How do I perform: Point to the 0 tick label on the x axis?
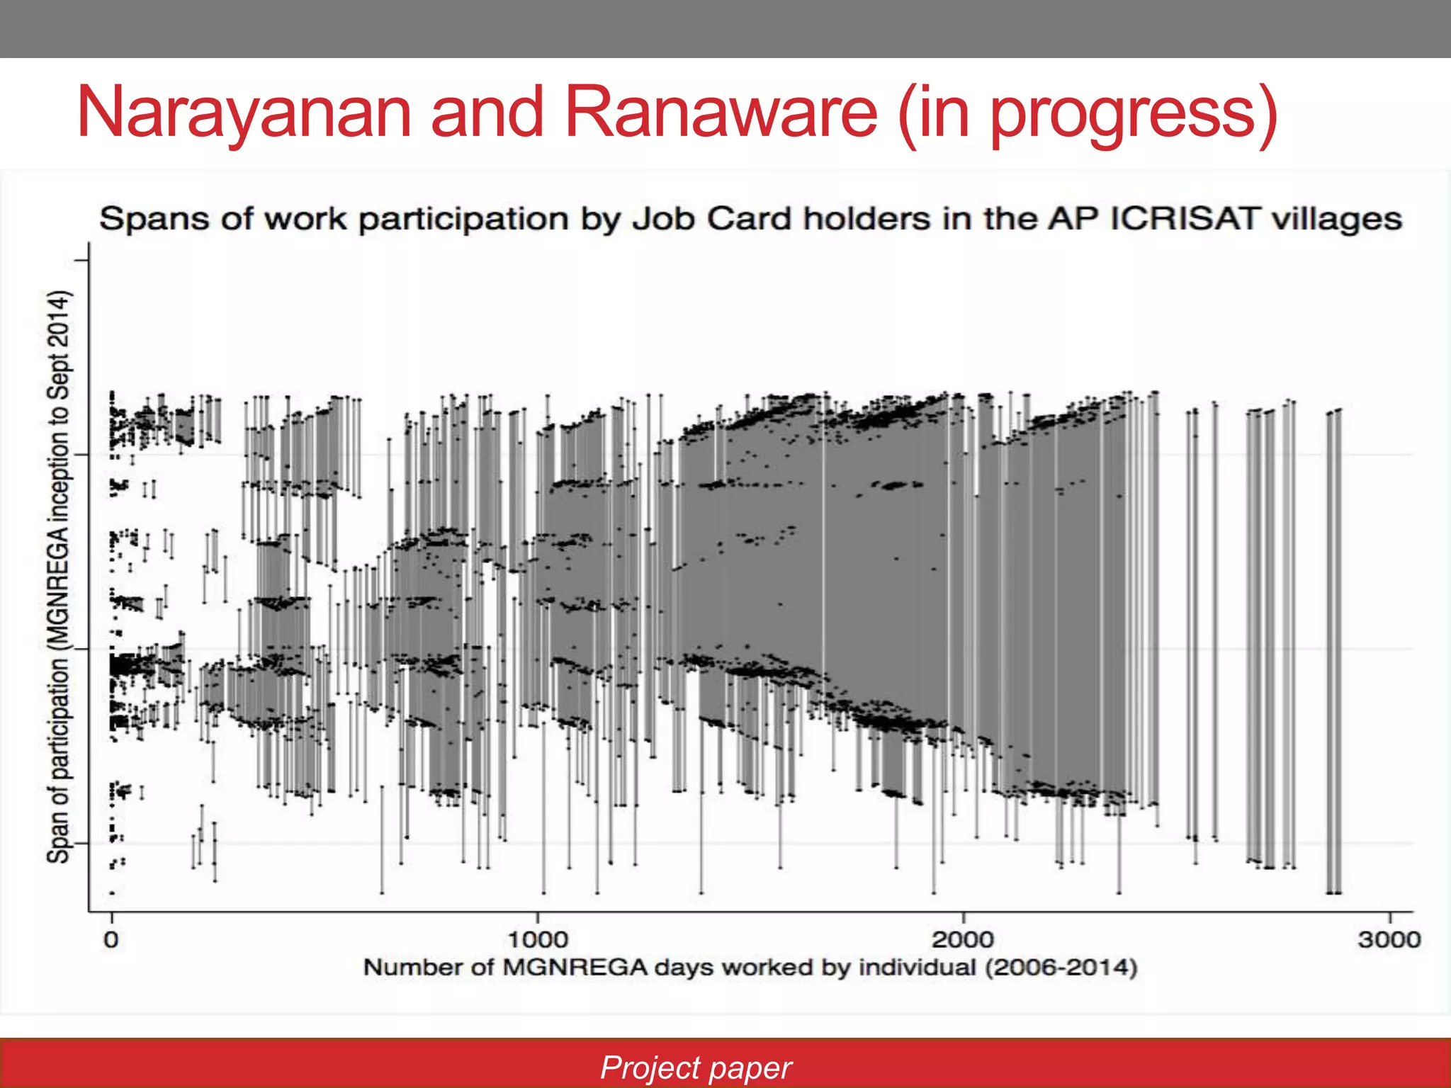(x=111, y=940)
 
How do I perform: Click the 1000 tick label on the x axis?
(x=538, y=940)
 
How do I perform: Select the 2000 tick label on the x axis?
(x=963, y=940)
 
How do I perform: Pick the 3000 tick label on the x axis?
(x=1389, y=940)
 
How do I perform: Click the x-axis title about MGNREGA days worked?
(x=750, y=968)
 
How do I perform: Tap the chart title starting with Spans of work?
(x=750, y=219)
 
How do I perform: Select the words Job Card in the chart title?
(x=711, y=219)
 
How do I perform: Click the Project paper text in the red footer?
(x=696, y=1067)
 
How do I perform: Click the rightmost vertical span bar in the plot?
(x=1338, y=652)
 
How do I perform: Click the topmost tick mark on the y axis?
(x=81, y=261)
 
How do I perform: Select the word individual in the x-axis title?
(x=918, y=968)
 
